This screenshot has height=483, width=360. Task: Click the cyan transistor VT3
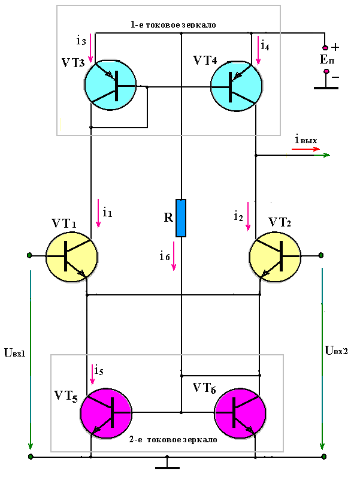pos(110,85)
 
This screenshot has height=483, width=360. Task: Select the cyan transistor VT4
pos(237,85)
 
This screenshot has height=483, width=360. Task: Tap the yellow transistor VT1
pos(72,256)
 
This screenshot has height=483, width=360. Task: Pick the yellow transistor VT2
pos(275,256)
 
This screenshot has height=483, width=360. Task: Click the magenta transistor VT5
pos(106,413)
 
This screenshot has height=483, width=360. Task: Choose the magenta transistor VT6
pos(240,413)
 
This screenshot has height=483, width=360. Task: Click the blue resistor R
pos(181,218)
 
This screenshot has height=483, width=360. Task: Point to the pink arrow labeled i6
pos(174,256)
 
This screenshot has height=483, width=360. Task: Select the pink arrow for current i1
pos(98,213)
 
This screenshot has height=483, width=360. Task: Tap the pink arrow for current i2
pos(248,216)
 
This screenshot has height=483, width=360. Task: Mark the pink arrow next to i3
pos(90,48)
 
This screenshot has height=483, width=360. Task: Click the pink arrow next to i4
pos(258,50)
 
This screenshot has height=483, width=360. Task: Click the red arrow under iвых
pos(305,149)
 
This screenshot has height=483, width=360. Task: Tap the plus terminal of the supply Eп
pos(325,47)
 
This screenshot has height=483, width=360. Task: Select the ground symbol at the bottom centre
pos(167,463)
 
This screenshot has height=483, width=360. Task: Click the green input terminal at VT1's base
pos(29,255)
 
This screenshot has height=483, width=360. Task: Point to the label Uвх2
pos(337,350)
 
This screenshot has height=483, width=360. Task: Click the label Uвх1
pos(15,352)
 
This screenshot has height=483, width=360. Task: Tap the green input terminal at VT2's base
pos(321,255)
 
